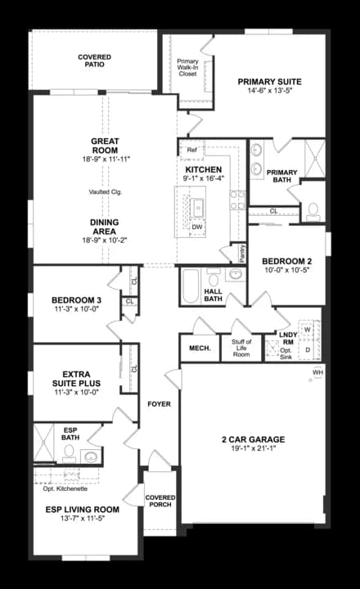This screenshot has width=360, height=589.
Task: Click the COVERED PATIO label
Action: point(95,61)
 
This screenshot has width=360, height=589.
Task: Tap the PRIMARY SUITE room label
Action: point(270,82)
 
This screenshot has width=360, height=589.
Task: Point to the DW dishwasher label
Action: point(197,226)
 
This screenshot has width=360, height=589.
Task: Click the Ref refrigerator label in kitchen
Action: point(191,151)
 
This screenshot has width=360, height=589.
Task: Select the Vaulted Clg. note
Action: point(106,192)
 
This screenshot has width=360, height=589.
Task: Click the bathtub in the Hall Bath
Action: point(190,286)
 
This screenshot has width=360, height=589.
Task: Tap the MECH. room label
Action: point(200,348)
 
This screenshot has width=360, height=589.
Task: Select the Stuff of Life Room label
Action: point(241,347)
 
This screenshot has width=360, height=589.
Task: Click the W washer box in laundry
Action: point(308,329)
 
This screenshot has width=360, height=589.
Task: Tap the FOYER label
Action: point(158,405)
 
